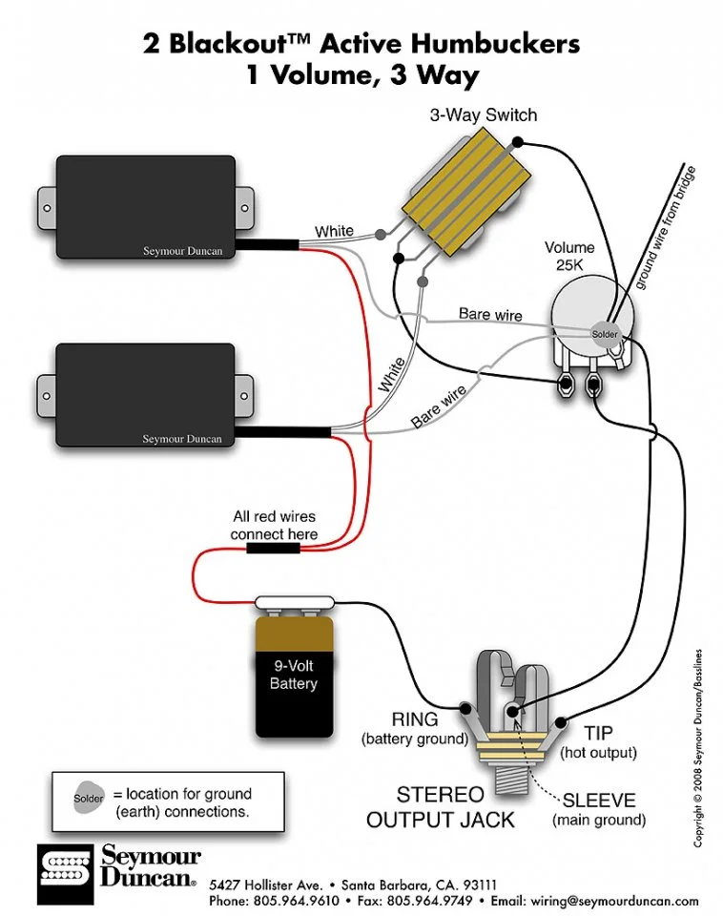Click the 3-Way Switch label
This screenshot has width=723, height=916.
coord(483,115)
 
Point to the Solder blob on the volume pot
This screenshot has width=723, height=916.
coord(605,334)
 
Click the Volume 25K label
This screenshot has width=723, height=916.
coord(569,258)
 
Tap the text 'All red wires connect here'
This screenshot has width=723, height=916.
coord(274,525)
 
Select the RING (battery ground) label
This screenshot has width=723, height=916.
coord(414,729)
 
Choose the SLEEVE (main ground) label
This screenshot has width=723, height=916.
coord(599,809)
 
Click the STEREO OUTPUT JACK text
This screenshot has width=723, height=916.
coord(441,807)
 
